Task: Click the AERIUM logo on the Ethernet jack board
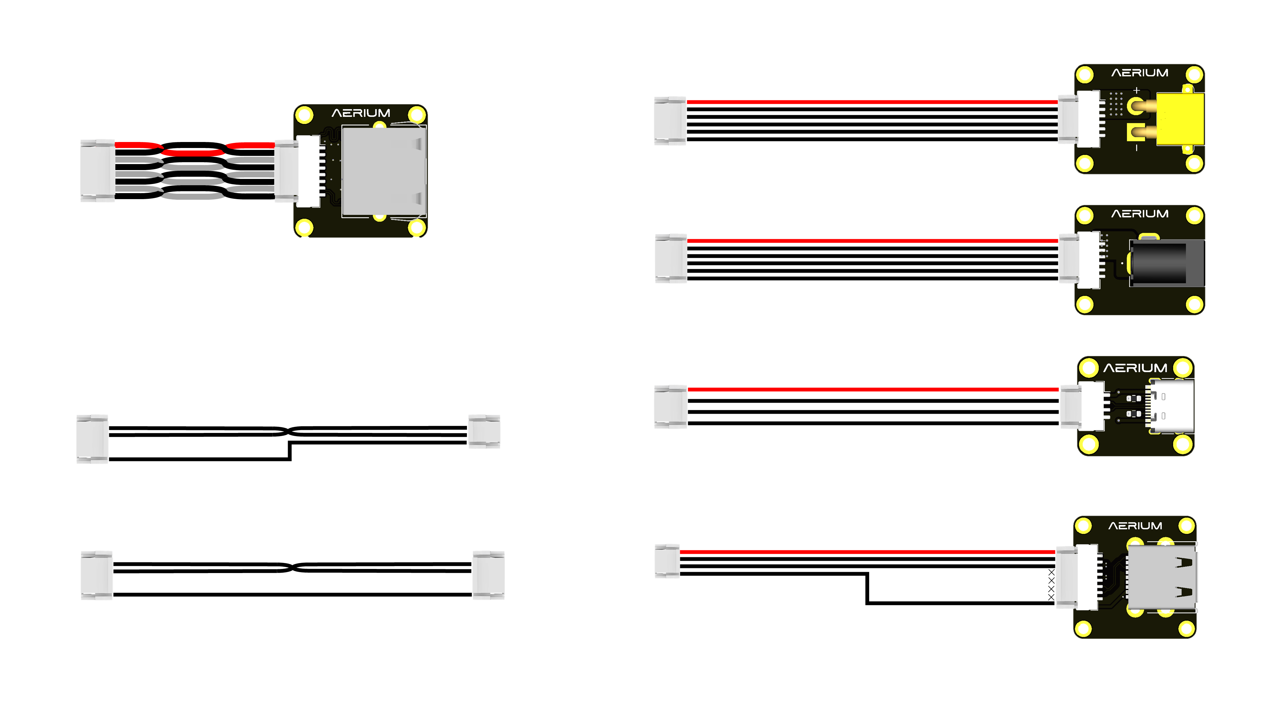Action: coord(361,113)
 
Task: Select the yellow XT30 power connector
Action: coord(1179,120)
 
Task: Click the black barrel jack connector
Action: coord(1166,263)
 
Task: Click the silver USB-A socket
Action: coord(1162,578)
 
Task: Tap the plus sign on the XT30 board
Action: coord(1136,90)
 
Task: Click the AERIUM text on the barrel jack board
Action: coord(1140,214)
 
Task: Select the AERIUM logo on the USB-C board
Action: coord(1135,368)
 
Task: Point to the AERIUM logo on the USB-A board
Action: coord(1135,526)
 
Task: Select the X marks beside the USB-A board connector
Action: coord(1051,584)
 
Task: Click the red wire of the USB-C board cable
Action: coord(872,389)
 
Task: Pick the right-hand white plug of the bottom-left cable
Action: coord(488,575)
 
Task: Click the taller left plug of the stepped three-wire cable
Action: coord(92,439)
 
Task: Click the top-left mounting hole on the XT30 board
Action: coord(1085,75)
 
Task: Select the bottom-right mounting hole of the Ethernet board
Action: coord(417,227)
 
